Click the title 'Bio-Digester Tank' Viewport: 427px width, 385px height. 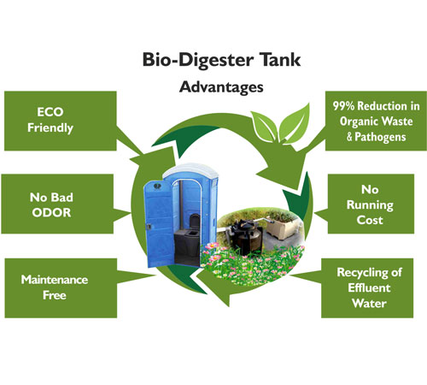(221, 60)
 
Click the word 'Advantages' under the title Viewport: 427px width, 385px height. (221, 87)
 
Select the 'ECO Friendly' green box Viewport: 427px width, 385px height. (61, 121)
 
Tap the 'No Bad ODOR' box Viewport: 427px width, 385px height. (57, 204)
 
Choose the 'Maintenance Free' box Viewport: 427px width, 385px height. (61, 288)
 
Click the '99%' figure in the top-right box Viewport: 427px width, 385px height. (344, 106)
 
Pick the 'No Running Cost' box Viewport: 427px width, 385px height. (371, 204)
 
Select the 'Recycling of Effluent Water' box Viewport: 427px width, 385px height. (367, 288)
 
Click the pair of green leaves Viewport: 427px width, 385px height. (280, 125)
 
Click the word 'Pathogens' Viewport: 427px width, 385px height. (380, 137)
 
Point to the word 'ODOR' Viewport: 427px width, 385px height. (51, 213)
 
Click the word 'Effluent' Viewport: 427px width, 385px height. (369, 287)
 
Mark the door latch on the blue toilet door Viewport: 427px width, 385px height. (149, 227)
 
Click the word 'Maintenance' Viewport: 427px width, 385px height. (55, 280)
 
